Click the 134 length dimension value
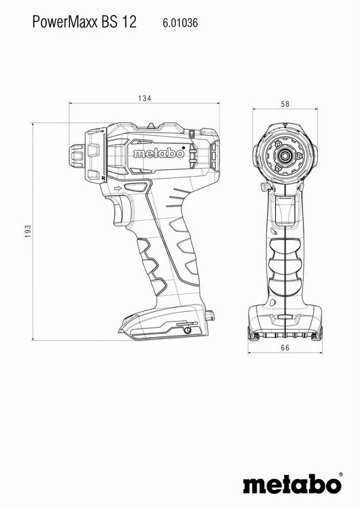145,98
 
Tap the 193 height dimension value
29,231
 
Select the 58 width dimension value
285,104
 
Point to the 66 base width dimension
285,348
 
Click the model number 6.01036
180,22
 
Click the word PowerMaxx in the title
65,22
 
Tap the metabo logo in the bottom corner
292,485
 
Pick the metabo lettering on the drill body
158,153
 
